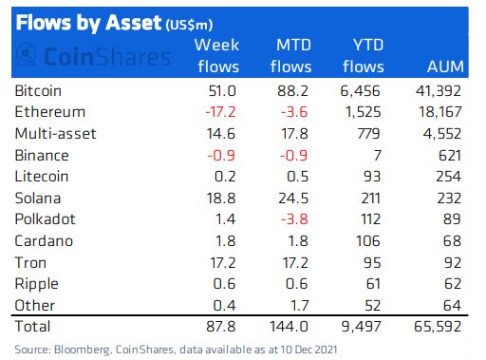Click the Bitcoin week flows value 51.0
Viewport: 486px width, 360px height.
click(222, 91)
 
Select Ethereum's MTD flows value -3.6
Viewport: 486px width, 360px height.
click(294, 112)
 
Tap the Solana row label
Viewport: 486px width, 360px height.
click(38, 199)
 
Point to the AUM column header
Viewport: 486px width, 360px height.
click(445, 66)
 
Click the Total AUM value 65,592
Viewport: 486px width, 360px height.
click(438, 327)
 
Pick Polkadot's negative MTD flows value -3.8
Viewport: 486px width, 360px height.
click(294, 219)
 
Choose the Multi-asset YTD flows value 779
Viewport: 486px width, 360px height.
click(368, 134)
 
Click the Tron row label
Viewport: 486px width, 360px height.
click(30, 263)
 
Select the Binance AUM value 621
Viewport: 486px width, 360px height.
click(449, 156)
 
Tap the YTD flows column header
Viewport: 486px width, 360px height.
click(364, 55)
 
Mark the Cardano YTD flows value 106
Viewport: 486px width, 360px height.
click(368, 241)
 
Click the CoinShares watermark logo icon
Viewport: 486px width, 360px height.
click(26, 54)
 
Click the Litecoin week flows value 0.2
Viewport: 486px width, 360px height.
click(225, 177)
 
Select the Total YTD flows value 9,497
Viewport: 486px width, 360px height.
click(362, 327)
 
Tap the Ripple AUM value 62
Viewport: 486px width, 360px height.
click(453, 284)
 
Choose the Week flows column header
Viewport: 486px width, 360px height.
click(217, 55)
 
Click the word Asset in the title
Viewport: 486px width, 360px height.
click(134, 23)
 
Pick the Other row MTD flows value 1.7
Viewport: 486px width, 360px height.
click(299, 306)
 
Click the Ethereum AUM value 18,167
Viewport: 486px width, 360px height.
click(440, 112)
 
